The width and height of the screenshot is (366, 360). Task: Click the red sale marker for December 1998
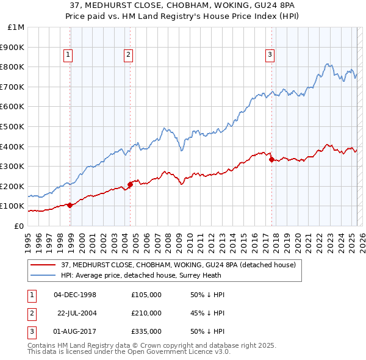pyautogui.click(x=70, y=205)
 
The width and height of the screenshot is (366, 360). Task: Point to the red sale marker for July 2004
pyautogui.click(x=130, y=184)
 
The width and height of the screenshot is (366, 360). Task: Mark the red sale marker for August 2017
pyautogui.click(x=271, y=159)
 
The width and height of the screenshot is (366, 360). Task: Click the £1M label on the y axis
pyautogui.click(x=16, y=27)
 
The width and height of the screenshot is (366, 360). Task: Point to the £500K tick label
pyautogui.click(x=13, y=126)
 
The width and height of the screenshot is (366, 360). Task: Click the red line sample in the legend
pyautogui.click(x=42, y=265)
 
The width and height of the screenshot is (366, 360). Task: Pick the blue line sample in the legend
pyautogui.click(x=42, y=276)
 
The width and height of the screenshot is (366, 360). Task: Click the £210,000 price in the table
pyautogui.click(x=146, y=313)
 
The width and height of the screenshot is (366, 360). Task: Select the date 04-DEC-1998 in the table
pyautogui.click(x=76, y=295)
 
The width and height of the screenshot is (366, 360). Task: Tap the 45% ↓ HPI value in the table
pyautogui.click(x=207, y=313)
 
